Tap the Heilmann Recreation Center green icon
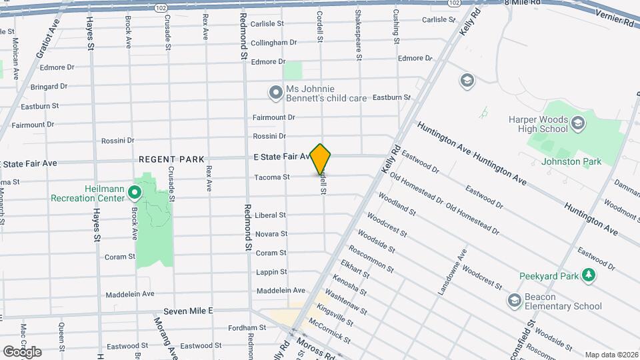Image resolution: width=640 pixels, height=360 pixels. tap(134, 193)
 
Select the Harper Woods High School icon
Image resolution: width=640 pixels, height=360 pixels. tap(577, 123)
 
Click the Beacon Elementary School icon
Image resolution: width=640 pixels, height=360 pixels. tap(514, 301)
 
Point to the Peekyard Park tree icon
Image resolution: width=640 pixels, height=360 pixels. tap(588, 275)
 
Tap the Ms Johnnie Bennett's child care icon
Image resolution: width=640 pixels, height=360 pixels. tap(275, 93)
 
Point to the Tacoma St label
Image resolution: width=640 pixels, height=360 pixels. tap(272, 177)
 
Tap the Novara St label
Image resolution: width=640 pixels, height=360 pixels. tap(271, 234)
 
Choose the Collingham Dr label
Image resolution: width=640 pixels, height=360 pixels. tap(274, 43)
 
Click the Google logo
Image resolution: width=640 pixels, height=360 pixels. tap(22, 351)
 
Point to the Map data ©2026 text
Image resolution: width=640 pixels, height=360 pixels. tap(611, 355)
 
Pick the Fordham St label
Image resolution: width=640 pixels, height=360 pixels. tap(247, 327)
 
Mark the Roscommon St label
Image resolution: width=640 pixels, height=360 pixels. tap(371, 258)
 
